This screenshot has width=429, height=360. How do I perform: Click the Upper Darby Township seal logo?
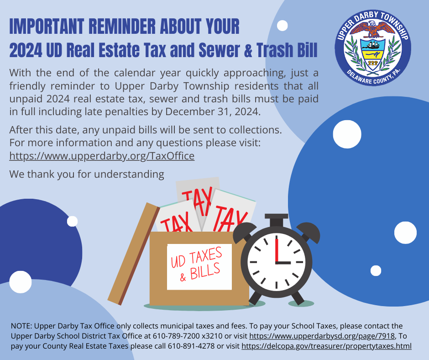point(373,48)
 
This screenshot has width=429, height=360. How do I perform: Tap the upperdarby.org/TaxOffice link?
point(102,156)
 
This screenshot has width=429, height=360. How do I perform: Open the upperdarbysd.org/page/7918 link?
point(322,336)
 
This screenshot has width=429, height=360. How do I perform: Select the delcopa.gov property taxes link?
point(326,346)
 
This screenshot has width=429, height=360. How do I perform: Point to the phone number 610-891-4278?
point(191,346)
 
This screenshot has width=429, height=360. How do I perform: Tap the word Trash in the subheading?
point(274,50)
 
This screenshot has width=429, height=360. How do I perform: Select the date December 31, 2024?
point(213,111)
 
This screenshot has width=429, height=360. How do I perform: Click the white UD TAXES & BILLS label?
point(199,267)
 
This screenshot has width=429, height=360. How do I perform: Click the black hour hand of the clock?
point(283,263)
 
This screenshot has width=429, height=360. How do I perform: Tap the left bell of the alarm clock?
point(244,232)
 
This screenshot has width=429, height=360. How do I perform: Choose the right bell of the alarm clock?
point(309,232)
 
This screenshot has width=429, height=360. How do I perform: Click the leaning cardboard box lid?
point(134,254)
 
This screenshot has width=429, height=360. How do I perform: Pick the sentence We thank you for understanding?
point(87,174)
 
